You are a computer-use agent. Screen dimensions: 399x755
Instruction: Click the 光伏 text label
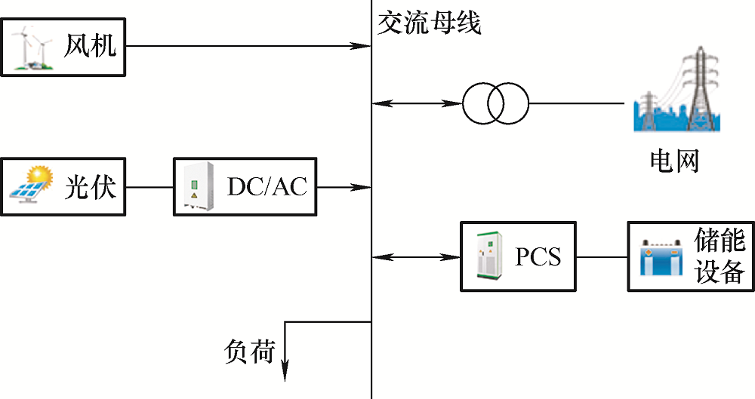90,186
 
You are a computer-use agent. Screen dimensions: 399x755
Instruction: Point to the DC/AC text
267,186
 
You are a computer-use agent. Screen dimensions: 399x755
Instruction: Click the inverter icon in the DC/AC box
195,187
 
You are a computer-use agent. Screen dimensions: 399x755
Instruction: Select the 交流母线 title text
429,23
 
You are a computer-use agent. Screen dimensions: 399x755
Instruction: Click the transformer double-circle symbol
496,103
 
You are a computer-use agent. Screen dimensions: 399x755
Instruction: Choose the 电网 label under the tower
675,161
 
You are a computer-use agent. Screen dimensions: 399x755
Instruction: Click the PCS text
538,257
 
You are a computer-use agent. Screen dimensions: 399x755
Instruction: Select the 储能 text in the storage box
720,241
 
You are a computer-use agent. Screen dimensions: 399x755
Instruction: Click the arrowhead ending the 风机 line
365,47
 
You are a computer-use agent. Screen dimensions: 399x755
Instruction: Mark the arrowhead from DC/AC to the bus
365,186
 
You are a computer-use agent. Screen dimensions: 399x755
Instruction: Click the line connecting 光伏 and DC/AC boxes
149,186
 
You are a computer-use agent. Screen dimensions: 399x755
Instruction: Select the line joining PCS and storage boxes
602,257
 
